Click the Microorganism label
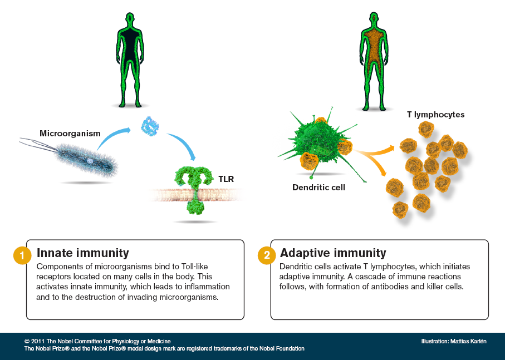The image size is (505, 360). click(x=70, y=134)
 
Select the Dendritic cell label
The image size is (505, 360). click(x=318, y=188)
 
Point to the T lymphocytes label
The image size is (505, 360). click(x=435, y=115)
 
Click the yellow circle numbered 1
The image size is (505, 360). click(x=22, y=256)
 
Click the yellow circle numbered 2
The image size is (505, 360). click(x=266, y=256)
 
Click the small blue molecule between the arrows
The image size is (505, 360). click(x=149, y=127)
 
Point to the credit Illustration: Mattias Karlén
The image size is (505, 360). click(x=454, y=341)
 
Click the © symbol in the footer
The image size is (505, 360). click(x=27, y=341)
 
